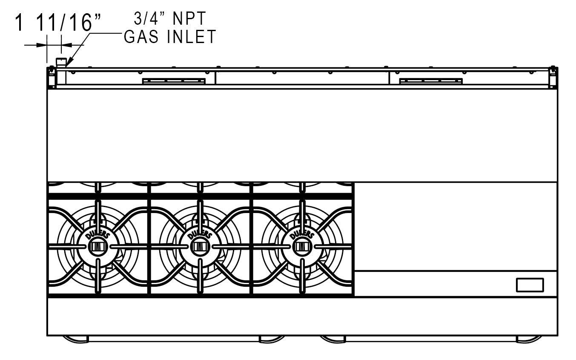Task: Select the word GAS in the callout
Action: coord(142,37)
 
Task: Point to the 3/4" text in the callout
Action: coord(146,19)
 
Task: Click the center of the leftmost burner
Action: coord(97,247)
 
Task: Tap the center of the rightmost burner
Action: coord(301,247)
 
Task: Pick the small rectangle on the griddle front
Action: coord(530,285)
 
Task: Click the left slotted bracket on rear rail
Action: coord(174,81)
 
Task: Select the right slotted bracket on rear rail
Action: coord(430,81)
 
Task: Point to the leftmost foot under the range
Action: coord(76,339)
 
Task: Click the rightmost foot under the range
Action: coord(529,339)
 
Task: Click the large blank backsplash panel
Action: coord(302,135)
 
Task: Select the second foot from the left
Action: coord(272,339)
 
